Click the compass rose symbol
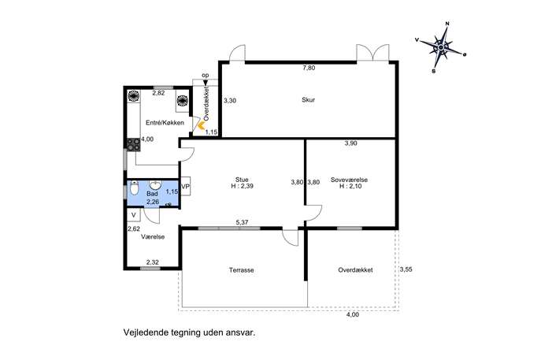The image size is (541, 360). point(441,46)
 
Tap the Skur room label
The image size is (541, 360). point(309,100)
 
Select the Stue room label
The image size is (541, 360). point(242,180)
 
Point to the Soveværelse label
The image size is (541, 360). point(349,180)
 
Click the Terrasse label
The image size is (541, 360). point(242,270)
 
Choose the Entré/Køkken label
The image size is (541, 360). point(165,123)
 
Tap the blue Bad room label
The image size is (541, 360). point(152,194)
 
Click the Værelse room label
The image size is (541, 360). point(153,237)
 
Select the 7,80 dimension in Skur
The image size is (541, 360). point(309,68)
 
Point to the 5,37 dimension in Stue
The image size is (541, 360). point(243,223)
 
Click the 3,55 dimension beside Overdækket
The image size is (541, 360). point(406,269)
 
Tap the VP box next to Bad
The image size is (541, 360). point(185,187)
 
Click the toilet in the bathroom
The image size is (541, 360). point(134,188)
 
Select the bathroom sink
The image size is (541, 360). point(156,184)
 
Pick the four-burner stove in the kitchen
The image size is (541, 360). point(133,145)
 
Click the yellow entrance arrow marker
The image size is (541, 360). point(200,124)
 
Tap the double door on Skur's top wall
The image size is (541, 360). point(372,53)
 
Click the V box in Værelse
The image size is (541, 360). point(134,215)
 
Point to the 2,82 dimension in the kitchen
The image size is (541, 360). point(159,93)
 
